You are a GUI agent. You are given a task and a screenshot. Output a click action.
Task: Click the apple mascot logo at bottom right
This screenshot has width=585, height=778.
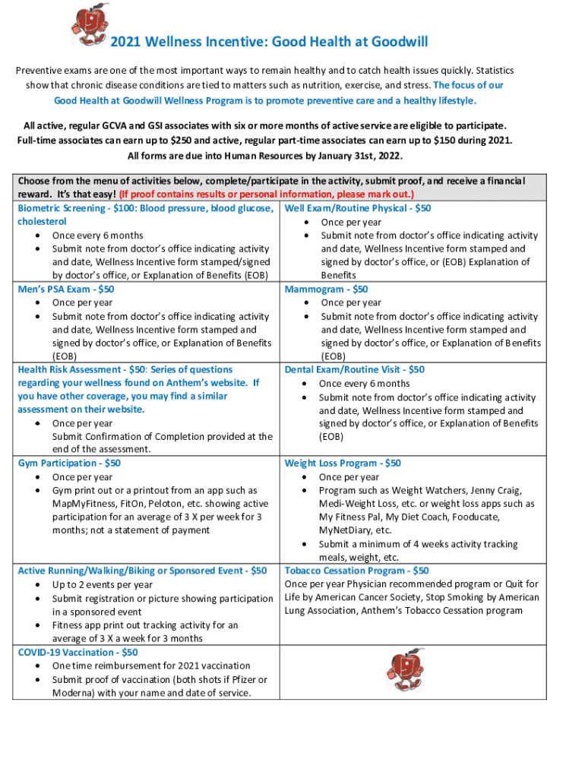[x=404, y=669]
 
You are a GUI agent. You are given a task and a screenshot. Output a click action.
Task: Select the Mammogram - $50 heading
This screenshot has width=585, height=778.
[x=326, y=289]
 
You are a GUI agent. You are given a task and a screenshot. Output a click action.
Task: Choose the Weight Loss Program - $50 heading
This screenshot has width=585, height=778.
[x=343, y=463]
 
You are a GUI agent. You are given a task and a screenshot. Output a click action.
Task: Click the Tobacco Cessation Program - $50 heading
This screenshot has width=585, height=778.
[x=356, y=571]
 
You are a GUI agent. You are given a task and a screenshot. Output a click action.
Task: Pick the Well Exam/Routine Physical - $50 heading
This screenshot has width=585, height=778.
[x=358, y=208]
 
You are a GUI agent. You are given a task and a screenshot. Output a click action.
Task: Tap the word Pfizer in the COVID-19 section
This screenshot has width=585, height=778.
[x=243, y=679]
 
